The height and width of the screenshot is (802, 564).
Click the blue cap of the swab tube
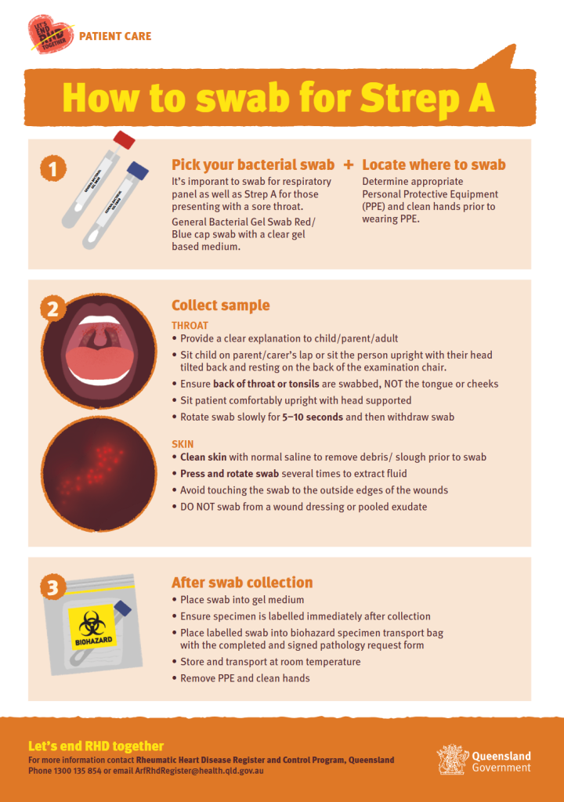(138, 170)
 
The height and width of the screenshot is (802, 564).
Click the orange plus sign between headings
(348, 165)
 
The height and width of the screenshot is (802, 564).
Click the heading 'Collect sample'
(220, 305)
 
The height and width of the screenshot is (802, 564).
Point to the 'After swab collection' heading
(242, 583)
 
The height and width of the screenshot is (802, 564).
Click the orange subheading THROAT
(190, 325)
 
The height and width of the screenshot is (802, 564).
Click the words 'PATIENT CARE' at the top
(115, 37)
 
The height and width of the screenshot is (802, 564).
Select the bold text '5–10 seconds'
(312, 417)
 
